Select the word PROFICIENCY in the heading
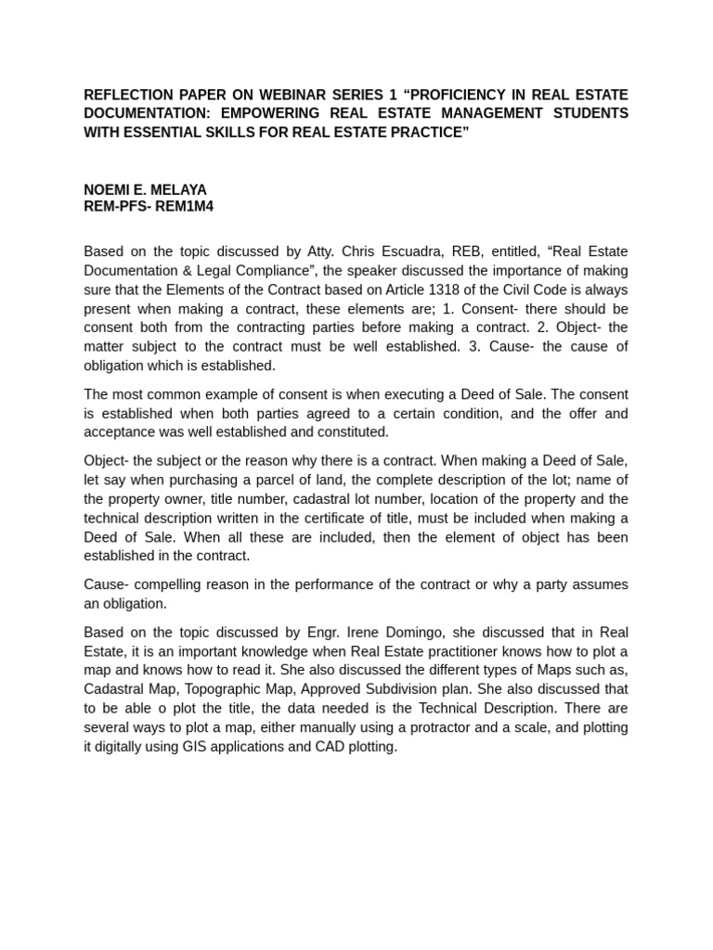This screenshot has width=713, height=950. [472, 95]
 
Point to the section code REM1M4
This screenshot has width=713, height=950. [186, 206]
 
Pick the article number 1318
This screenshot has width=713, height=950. [416, 289]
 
